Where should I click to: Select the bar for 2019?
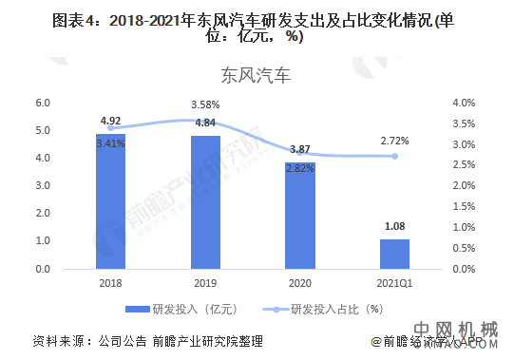tap(204, 202)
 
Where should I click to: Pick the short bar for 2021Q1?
tap(394, 254)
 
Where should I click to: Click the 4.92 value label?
tap(110, 122)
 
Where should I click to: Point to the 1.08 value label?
tap(394, 227)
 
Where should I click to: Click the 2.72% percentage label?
tap(394, 142)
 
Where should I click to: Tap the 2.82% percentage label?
tap(299, 169)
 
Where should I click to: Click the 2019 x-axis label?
tap(204, 283)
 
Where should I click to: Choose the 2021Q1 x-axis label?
tap(394, 283)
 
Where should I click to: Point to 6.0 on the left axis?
tap(43, 103)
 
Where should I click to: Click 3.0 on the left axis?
tap(43, 186)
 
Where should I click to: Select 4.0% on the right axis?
tap(464, 103)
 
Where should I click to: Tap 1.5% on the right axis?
tap(464, 206)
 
